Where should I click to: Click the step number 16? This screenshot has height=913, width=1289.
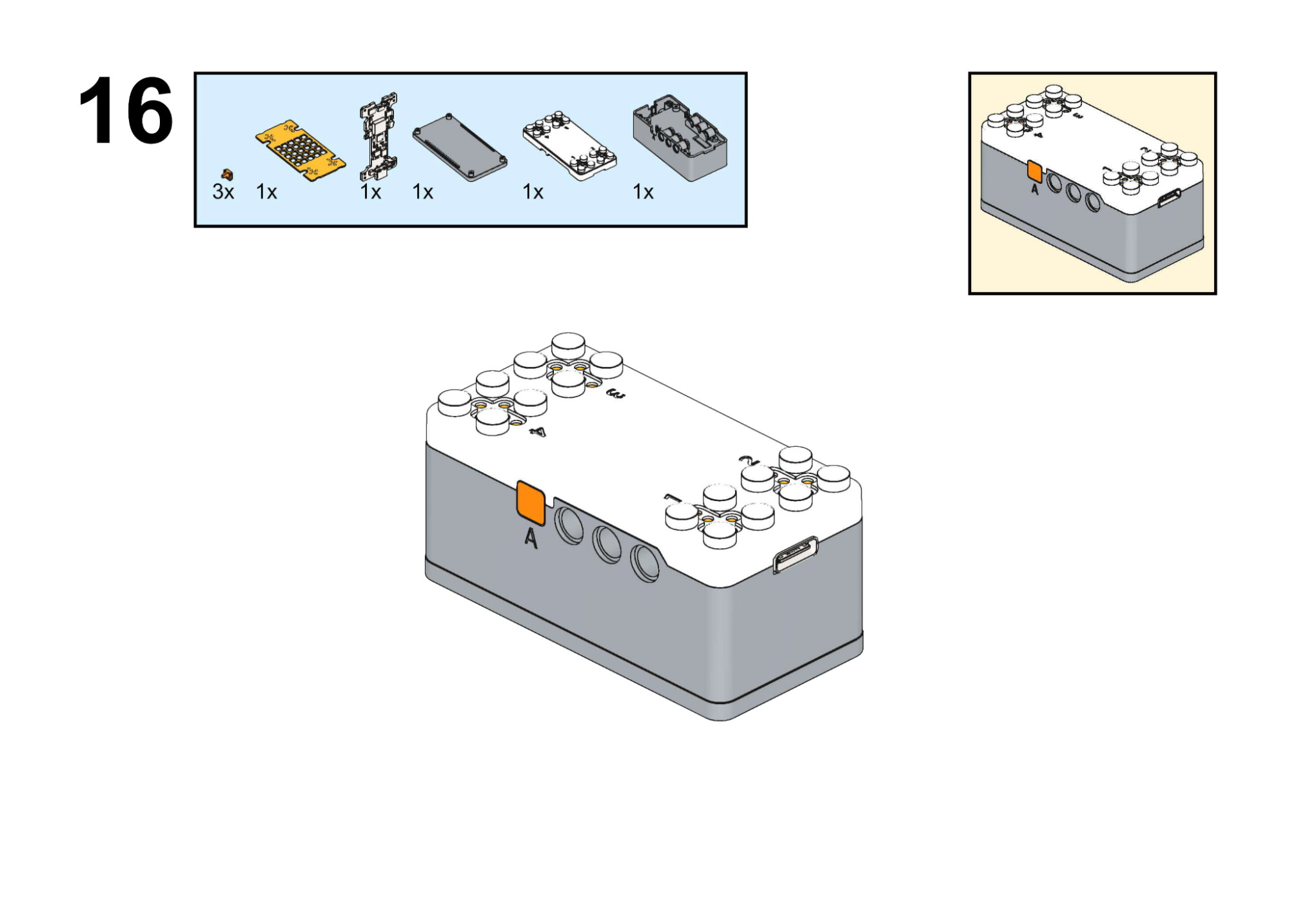tap(126, 111)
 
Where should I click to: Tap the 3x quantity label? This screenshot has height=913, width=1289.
tap(223, 191)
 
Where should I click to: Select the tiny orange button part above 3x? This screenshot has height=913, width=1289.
tap(227, 174)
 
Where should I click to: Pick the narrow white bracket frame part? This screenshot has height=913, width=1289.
tap(379, 136)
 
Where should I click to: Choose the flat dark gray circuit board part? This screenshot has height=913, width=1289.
tap(459, 148)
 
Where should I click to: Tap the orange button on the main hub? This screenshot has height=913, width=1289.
tap(531, 502)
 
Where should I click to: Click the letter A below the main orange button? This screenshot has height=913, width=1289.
tap(531, 538)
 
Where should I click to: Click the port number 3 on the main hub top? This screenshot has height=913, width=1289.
tap(616, 394)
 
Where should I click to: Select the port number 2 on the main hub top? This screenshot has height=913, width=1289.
tap(749, 460)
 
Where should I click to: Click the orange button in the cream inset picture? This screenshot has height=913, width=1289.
tap(1034, 171)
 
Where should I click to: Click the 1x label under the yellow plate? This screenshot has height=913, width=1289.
tap(266, 191)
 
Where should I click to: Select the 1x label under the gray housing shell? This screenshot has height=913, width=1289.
tap(643, 191)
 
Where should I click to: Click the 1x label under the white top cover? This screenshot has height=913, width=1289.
tap(533, 191)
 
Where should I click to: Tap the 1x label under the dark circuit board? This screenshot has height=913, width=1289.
tap(422, 191)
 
